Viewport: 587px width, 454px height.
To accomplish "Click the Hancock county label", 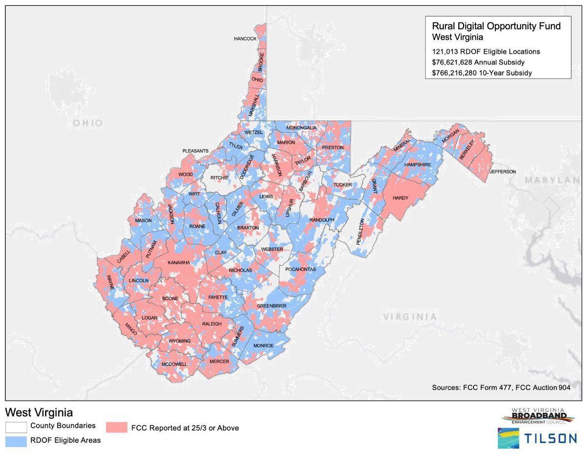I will click(245, 39).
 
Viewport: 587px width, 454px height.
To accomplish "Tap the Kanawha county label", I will click(179, 263).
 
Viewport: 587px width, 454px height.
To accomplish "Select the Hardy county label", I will click(400, 198).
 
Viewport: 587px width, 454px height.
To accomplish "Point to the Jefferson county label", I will click(502, 172).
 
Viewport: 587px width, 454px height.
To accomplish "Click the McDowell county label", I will click(174, 364).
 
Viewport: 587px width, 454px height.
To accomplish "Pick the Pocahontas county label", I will click(301, 270).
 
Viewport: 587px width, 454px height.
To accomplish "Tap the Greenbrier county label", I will click(271, 306).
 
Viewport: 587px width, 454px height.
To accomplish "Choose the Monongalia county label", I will click(301, 128).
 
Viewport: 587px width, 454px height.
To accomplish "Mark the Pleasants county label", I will click(196, 151).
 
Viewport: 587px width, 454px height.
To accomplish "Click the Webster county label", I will click(272, 250).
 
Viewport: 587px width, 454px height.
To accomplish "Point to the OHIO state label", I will click(88, 123).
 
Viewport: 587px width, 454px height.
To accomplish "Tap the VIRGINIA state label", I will click(409, 317).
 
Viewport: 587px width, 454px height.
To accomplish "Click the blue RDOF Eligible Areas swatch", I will click(16, 441).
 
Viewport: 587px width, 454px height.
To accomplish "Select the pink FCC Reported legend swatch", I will click(115, 428).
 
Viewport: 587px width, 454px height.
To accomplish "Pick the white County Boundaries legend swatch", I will click(16, 427).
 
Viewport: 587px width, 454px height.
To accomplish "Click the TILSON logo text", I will click(551, 438).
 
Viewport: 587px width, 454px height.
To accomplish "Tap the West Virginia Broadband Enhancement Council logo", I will click(538, 417).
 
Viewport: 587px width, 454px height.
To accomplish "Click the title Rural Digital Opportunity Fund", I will click(496, 26).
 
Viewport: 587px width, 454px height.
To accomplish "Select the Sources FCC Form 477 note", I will click(501, 387).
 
